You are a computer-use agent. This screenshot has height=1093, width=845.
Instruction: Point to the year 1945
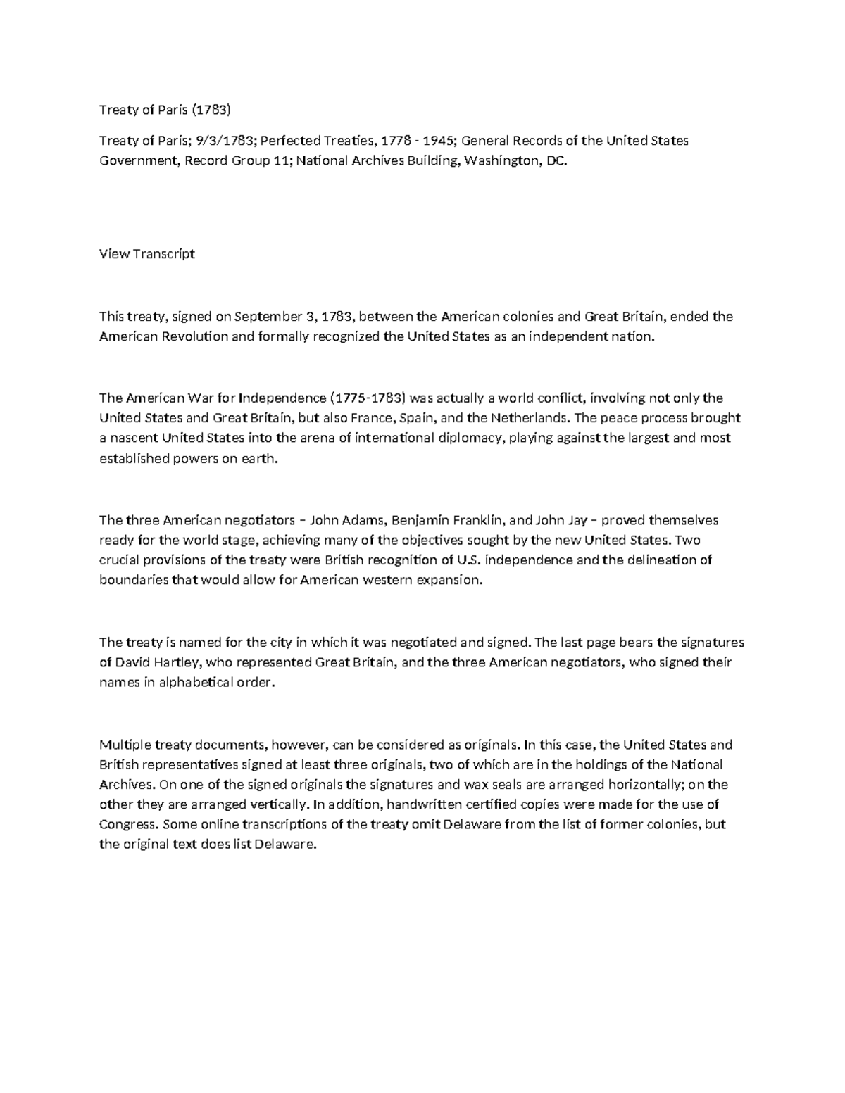438,141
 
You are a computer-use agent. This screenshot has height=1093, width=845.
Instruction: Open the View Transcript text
146,254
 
